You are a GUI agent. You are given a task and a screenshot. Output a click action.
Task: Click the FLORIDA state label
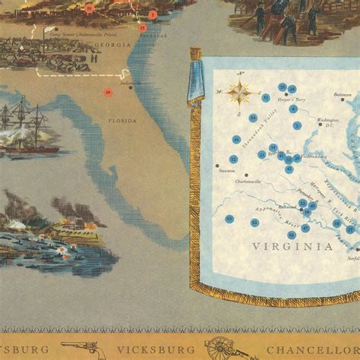click(122, 121)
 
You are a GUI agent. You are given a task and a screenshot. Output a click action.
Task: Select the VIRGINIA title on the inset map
click(292, 246)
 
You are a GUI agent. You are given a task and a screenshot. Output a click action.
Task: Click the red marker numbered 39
click(107, 93)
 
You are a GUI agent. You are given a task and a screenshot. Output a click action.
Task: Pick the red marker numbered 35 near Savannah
click(142, 27)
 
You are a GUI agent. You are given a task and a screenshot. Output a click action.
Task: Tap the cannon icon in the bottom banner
click(221, 349)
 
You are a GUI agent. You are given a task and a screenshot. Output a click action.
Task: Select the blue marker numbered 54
click(253, 118)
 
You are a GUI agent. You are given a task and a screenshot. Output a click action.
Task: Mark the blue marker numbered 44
click(237, 140)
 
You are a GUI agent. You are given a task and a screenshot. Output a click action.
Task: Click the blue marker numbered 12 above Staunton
click(233, 159)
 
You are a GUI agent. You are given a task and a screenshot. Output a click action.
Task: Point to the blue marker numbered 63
click(230, 219)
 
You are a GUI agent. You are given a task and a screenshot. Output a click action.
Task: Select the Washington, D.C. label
click(328, 120)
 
